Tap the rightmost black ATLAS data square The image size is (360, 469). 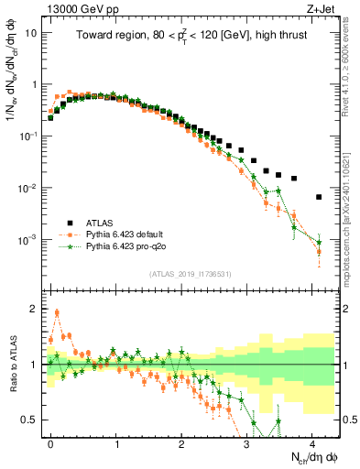(319, 197)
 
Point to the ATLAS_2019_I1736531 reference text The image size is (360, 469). (190, 274)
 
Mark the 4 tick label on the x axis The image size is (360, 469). (312, 441)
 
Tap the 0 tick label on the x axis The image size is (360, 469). (50, 441)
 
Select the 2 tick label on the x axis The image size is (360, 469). (181, 441)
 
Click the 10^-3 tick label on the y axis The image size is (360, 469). (28, 240)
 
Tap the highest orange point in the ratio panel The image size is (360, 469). (57, 312)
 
